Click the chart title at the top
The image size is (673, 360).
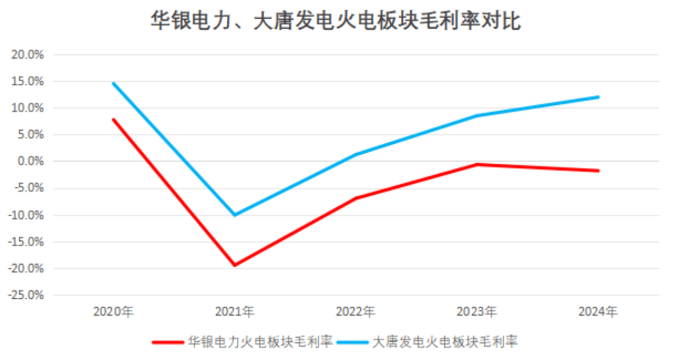click(336, 21)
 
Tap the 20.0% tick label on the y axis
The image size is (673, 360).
click(27, 55)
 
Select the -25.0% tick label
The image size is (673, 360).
click(25, 295)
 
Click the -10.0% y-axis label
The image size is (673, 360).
click(25, 216)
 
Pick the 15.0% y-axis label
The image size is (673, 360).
click(27, 82)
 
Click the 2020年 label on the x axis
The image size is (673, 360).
click(113, 311)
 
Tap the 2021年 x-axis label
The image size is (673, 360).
click(234, 311)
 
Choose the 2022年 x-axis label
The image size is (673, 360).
click(356, 311)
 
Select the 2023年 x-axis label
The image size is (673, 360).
click(477, 311)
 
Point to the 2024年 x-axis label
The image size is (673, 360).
click(598, 311)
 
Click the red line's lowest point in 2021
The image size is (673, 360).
click(234, 265)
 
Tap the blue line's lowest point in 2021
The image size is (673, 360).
click(234, 215)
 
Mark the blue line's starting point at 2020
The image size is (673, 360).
click(113, 83)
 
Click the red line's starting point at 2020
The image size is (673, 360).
click(113, 120)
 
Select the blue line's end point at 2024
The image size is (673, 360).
click(598, 97)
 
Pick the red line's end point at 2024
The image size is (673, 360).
click(598, 171)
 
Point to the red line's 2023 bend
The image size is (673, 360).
click(477, 164)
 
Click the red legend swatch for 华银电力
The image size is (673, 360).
click(168, 342)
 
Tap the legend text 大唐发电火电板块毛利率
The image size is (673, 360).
click(446, 342)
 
